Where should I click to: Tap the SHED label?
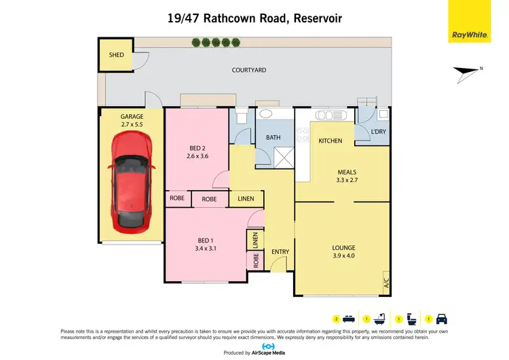pos(117,54)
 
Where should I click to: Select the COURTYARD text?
pos(248,70)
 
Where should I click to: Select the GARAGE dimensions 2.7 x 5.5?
pos(132,125)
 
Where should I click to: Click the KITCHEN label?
pos(331,141)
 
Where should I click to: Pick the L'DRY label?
pos(379,132)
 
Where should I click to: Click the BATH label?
pos(273,137)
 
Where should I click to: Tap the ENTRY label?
pos(280,252)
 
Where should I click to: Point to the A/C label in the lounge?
pos(386,281)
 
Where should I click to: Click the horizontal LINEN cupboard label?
pos(246,199)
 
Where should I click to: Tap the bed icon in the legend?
pos(347,319)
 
